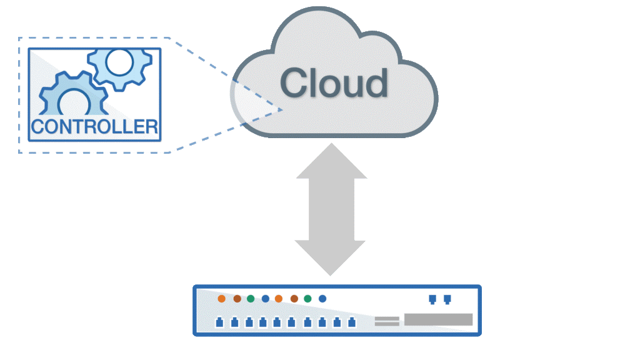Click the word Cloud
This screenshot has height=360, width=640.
click(x=334, y=83)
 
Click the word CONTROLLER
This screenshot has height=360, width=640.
click(x=94, y=127)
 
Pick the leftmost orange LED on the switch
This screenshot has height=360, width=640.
click(x=221, y=299)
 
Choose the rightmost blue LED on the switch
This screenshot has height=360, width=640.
click(x=322, y=299)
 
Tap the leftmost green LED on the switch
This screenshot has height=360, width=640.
click(x=251, y=299)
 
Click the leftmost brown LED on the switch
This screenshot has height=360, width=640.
click(x=237, y=299)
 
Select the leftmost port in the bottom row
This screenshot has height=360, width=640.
click(x=219, y=322)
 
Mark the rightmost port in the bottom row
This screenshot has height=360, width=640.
click(x=351, y=322)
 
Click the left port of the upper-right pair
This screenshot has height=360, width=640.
click(x=432, y=299)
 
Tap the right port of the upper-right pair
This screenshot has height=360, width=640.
click(x=447, y=299)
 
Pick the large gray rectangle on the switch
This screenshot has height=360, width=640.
click(x=438, y=320)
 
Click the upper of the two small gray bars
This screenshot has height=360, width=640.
click(x=387, y=318)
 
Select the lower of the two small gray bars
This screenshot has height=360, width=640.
click(x=387, y=324)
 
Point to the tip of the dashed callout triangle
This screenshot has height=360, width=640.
click(x=283, y=110)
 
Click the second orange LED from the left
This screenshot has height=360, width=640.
click(x=279, y=299)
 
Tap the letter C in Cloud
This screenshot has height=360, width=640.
click(x=296, y=83)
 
